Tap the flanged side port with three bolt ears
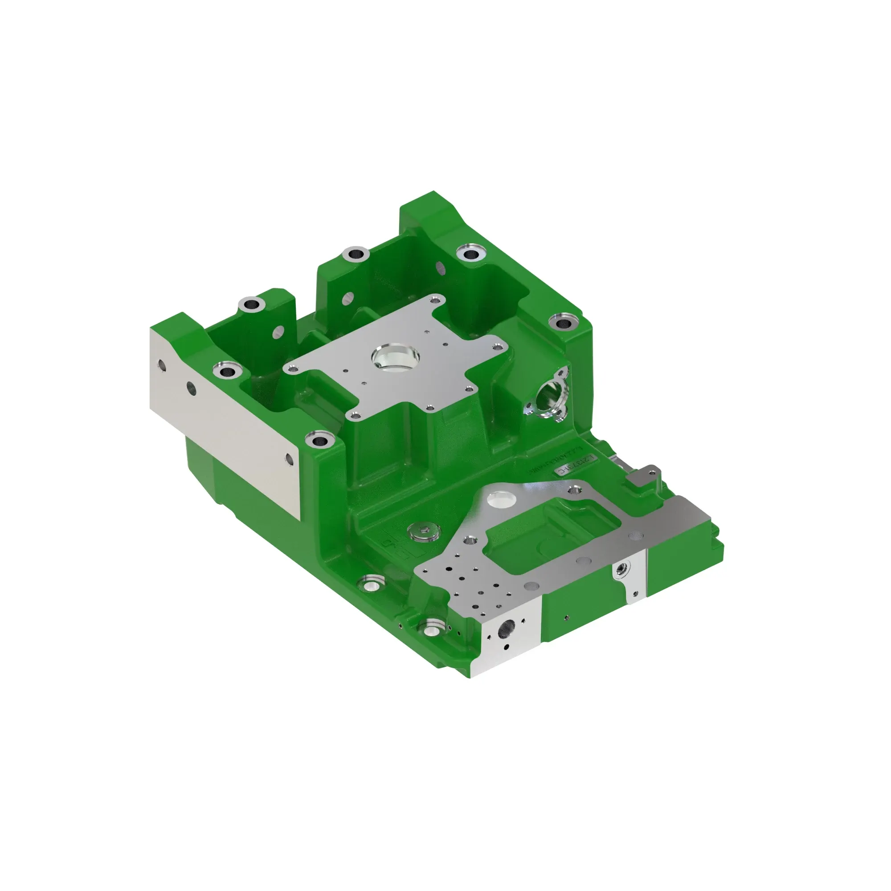[x=548, y=394]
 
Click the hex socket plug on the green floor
[x=424, y=532]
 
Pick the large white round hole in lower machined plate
[x=502, y=499]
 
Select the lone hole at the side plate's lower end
[x=289, y=458]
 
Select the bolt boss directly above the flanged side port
[x=563, y=322]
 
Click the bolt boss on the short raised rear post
[x=252, y=304]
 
